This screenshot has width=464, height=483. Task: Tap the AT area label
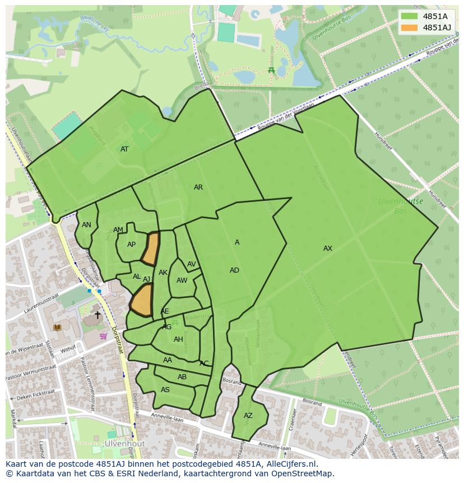tap(124, 149)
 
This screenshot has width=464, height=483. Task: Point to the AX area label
tap(328, 249)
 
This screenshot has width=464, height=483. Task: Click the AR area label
tap(198, 187)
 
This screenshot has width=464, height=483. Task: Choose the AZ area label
tap(248, 416)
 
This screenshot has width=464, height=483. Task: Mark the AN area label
tap(86, 225)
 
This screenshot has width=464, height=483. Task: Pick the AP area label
tap(131, 245)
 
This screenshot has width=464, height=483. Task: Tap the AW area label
tap(182, 280)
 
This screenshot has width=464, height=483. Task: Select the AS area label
tap(165, 390)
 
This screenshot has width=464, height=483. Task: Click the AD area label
tap(234, 270)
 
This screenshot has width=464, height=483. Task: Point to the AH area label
tap(178, 339)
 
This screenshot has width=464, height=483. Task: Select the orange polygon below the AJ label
tap(142, 301)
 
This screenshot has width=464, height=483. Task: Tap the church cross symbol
tap(98, 315)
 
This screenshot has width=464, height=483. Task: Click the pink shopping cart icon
tap(103, 336)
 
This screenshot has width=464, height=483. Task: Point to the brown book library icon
tap(56, 327)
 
